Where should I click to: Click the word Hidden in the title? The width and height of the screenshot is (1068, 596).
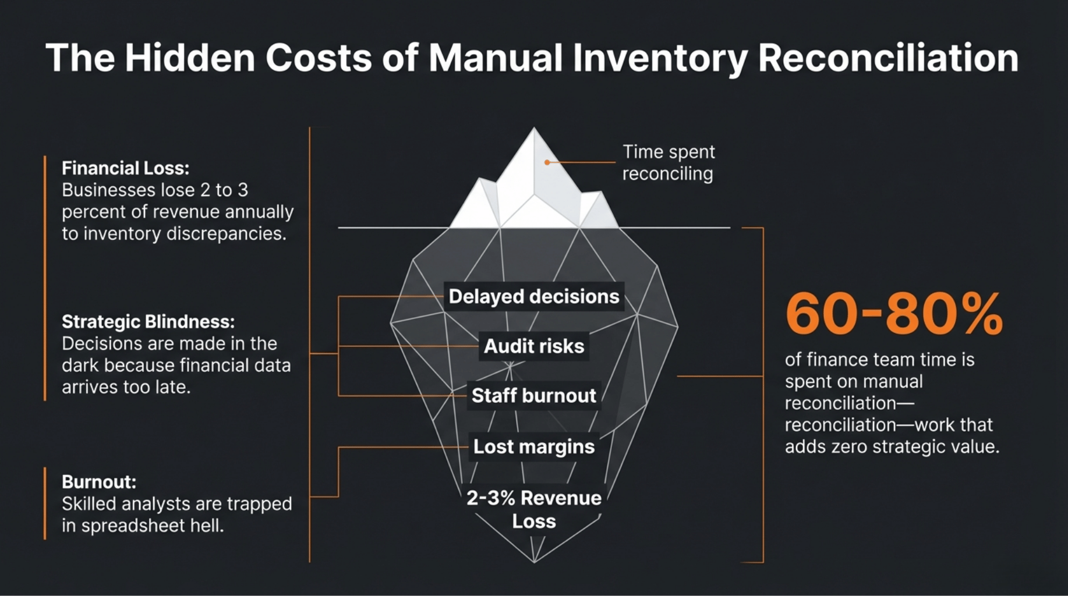coord(190,58)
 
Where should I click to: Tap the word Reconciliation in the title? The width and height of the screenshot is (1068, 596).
coord(888,58)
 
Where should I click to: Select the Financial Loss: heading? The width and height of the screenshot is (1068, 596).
coord(126,168)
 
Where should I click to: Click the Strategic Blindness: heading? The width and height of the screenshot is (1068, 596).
coord(148,321)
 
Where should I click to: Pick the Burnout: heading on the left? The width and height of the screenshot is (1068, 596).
coord(99,482)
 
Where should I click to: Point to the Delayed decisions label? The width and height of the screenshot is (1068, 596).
coord(533,297)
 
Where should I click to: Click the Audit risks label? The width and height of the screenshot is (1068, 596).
coord(533,346)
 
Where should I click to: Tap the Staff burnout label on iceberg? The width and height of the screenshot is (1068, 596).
coord(533,396)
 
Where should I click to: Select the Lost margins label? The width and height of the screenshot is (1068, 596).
coord(533,446)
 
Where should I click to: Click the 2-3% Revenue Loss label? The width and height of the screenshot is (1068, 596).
coord(533,509)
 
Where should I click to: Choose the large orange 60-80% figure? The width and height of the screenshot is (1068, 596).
coord(894,314)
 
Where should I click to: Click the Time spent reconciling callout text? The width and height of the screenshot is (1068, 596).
coord(669,163)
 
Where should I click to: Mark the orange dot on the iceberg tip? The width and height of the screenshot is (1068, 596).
coord(547,162)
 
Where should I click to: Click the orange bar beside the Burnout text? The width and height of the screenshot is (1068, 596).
coord(45,503)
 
